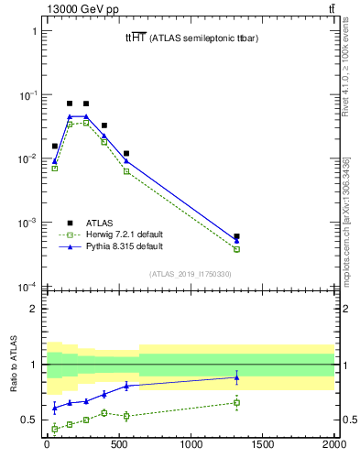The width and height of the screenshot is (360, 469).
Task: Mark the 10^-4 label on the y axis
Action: pyautogui.click(x=28, y=287)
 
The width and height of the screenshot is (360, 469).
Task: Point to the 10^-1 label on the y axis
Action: pyautogui.click(x=28, y=95)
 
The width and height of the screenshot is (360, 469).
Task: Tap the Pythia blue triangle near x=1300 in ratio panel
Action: pyautogui.click(x=236, y=376)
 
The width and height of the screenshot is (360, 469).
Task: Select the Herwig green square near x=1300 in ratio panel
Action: pyautogui.click(x=236, y=402)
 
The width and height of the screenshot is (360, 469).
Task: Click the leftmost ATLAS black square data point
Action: pyautogui.click(x=55, y=146)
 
